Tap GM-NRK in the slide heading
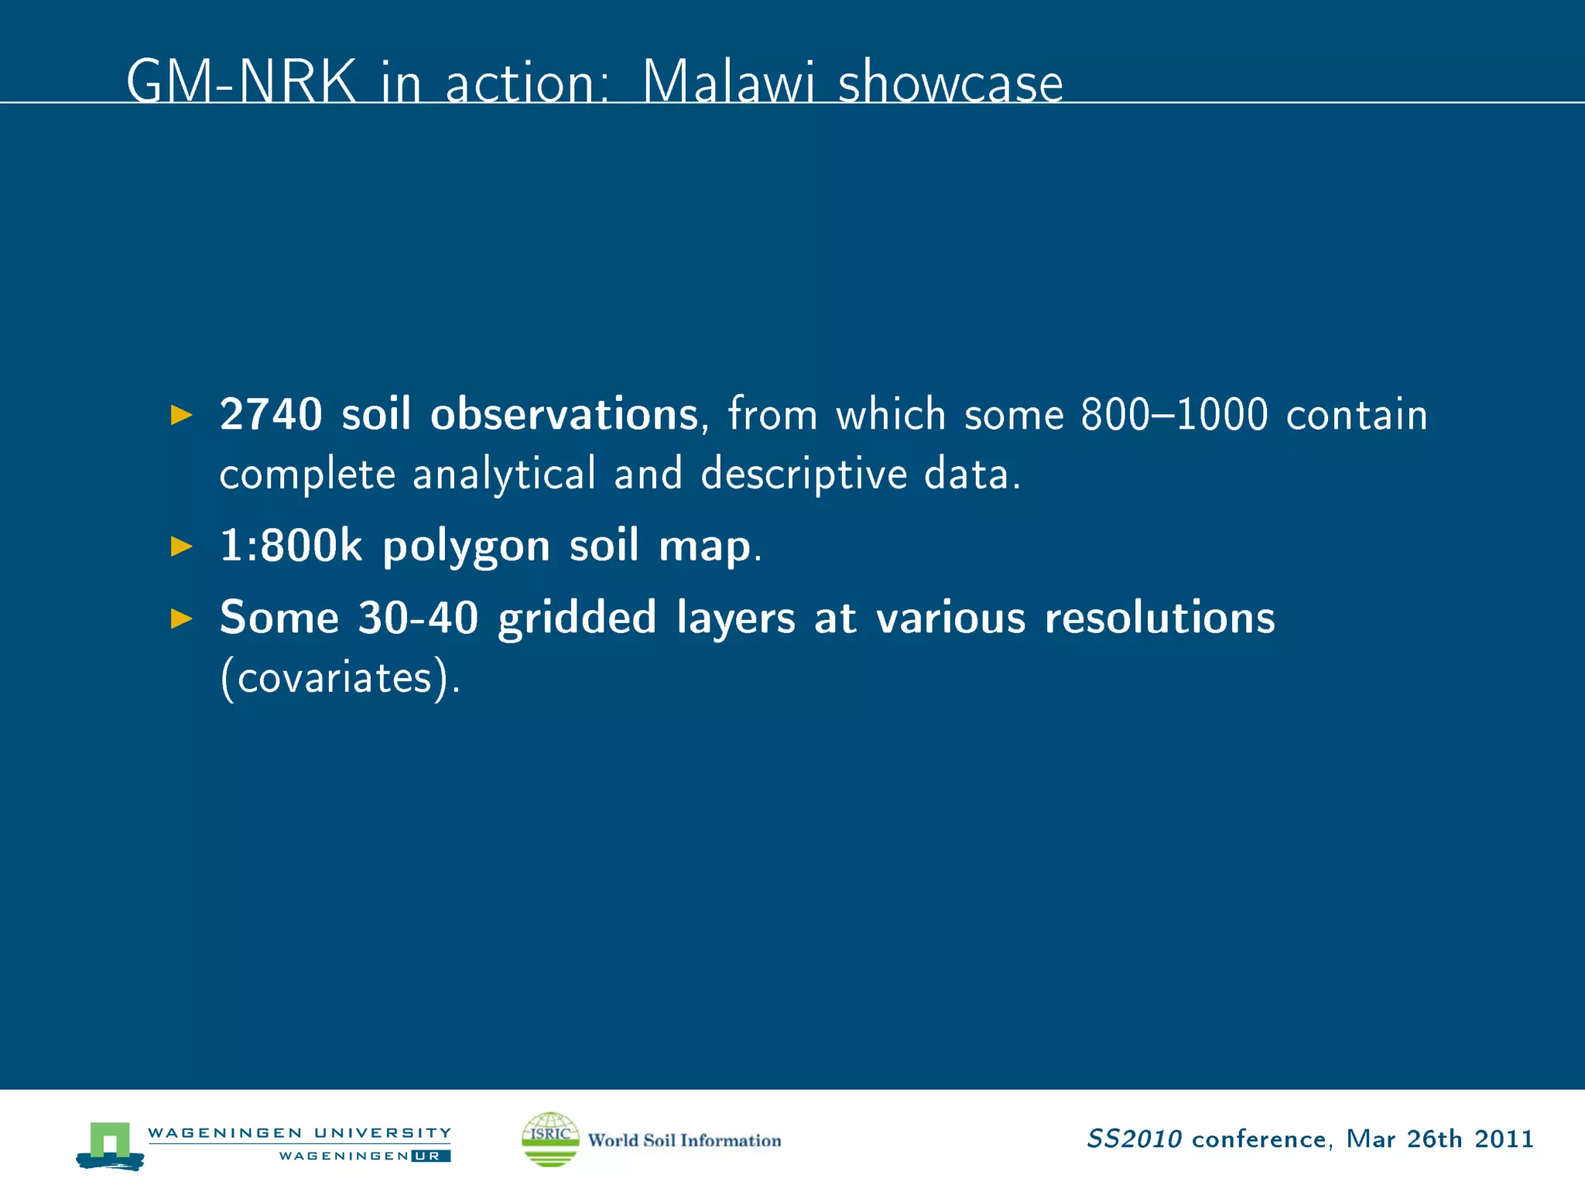click(x=241, y=82)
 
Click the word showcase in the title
click(x=950, y=82)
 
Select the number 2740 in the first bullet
click(x=271, y=414)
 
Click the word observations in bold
click(x=564, y=414)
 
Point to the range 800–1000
click(x=1174, y=414)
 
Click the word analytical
click(x=504, y=474)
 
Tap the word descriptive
click(x=803, y=474)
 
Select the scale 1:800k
click(x=291, y=546)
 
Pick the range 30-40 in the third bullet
click(x=418, y=618)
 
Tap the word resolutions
click(x=1159, y=618)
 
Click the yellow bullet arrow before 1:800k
click(x=181, y=547)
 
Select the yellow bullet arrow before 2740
click(x=181, y=415)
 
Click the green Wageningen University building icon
click(x=110, y=1144)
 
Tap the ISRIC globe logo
click(x=550, y=1139)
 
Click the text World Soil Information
click(x=684, y=1140)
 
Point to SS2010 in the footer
click(x=1134, y=1139)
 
